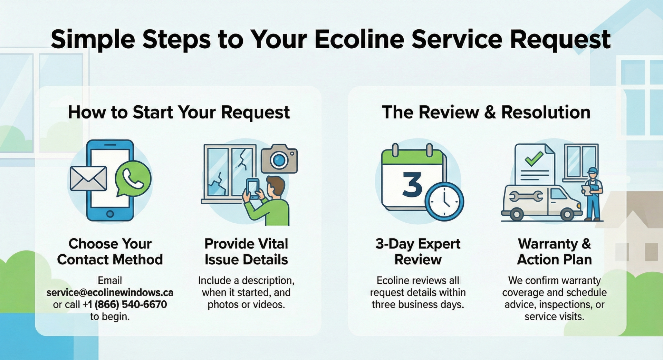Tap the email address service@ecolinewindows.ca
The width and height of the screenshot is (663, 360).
click(110, 292)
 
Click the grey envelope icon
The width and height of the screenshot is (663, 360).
click(88, 178)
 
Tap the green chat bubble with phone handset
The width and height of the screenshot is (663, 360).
click(133, 179)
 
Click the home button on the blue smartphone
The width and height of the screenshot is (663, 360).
click(110, 214)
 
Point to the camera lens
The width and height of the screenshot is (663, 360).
click(279, 160)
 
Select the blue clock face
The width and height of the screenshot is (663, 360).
click(444, 202)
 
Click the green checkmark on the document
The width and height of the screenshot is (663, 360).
click(534, 159)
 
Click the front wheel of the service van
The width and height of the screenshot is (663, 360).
click(567, 214)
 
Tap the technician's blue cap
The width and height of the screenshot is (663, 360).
click(593, 171)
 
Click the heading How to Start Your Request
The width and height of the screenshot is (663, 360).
click(179, 112)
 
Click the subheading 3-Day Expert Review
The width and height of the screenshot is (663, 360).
click(418, 251)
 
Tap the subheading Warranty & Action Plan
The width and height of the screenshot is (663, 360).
click(554, 251)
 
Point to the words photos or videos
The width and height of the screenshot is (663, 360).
click(246, 304)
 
